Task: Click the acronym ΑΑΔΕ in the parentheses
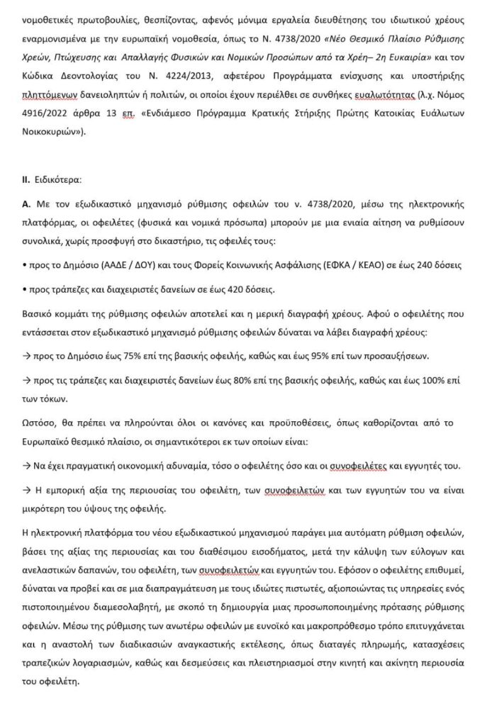coord(108,264)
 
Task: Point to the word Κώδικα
coord(40,77)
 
